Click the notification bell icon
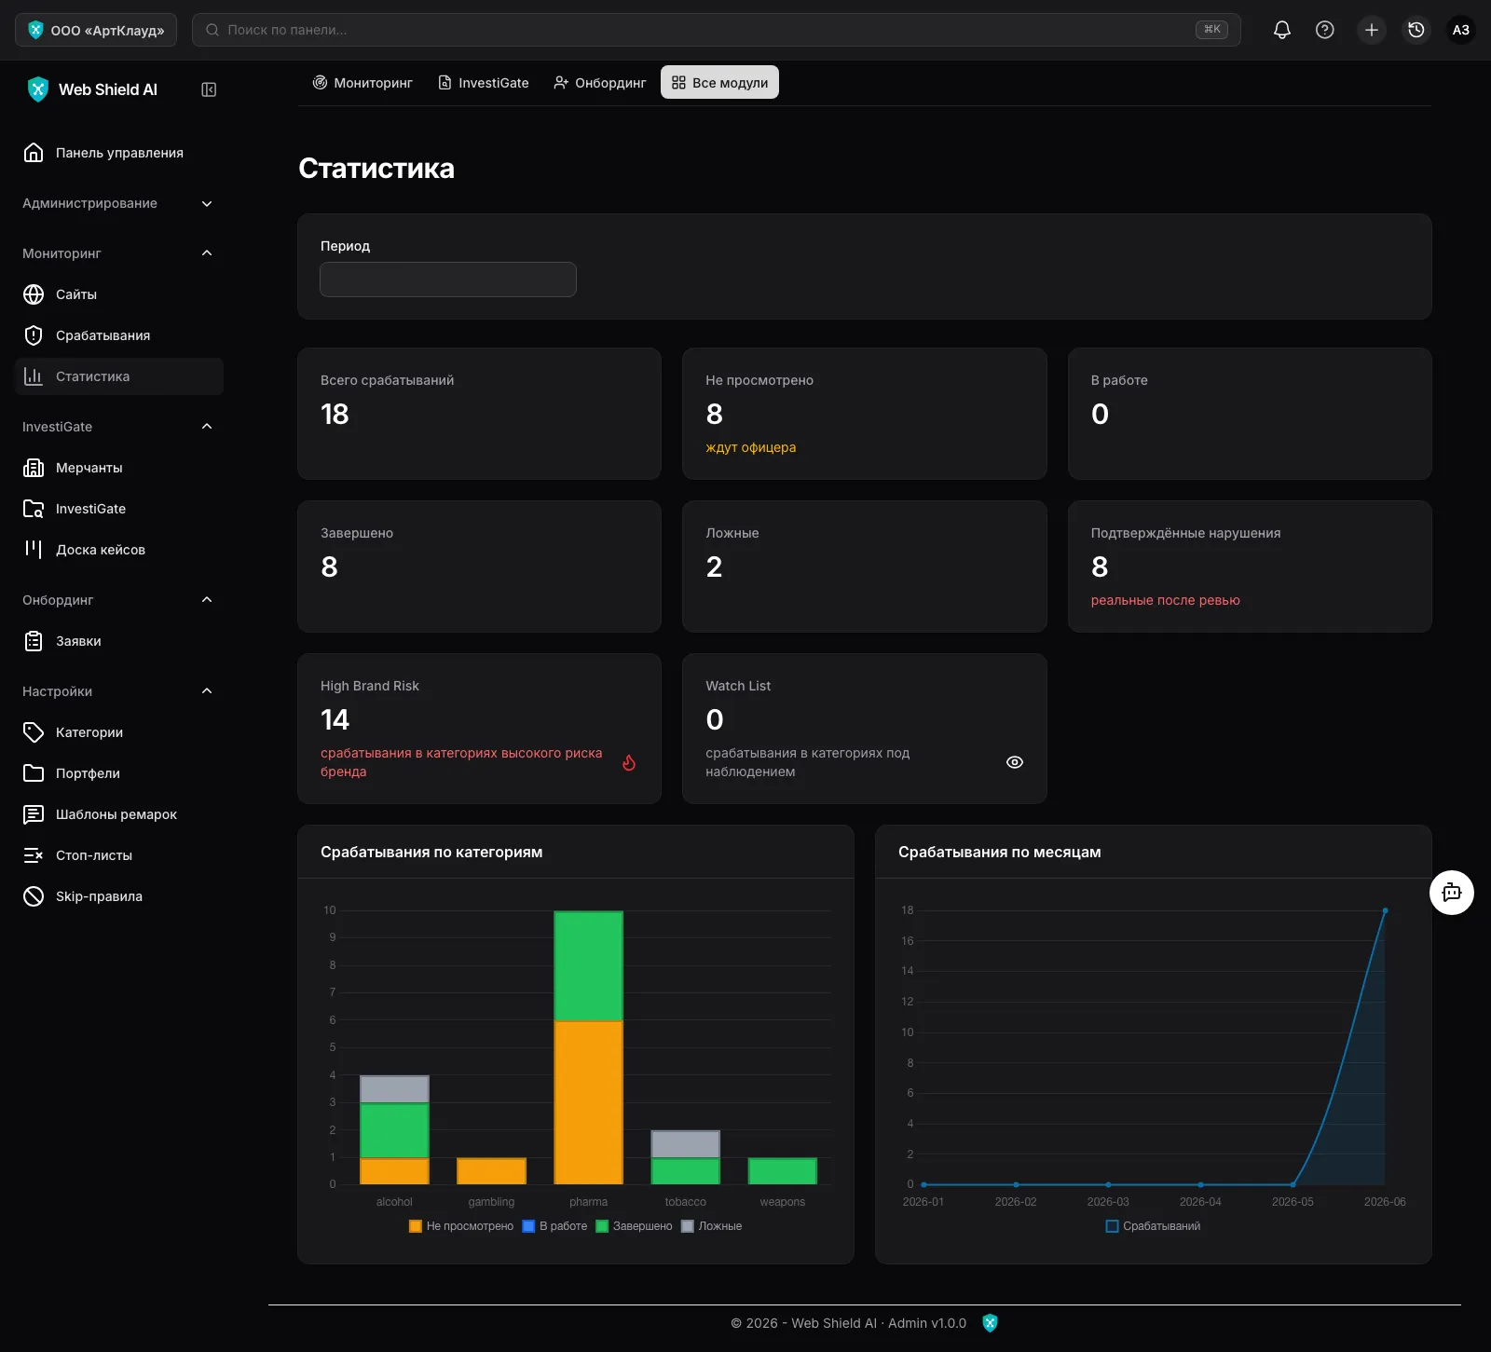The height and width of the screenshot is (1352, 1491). [1282, 30]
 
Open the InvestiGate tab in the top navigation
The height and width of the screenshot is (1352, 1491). [484, 83]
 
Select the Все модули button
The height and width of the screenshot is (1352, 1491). [719, 83]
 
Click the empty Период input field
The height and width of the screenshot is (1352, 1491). [448, 280]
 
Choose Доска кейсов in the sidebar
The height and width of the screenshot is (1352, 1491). [84, 550]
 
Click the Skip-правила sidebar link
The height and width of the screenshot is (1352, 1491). [82, 896]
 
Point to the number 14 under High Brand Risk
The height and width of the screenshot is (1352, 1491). [335, 719]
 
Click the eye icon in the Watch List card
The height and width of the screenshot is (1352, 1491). [1015, 762]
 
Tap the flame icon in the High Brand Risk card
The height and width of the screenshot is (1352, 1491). [629, 762]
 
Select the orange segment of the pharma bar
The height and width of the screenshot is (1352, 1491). [588, 1102]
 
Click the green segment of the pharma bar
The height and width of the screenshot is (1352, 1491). [588, 966]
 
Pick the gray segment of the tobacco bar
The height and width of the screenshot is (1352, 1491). [685, 1144]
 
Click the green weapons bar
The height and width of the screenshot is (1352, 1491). [783, 1171]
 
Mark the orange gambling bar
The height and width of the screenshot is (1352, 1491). [491, 1171]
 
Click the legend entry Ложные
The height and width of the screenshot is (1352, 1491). [712, 1226]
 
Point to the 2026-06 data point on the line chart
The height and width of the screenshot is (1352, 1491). [1385, 910]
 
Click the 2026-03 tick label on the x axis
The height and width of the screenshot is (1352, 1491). [1108, 1202]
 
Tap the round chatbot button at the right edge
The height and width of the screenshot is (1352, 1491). [1452, 893]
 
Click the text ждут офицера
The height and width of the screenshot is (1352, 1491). [751, 447]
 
